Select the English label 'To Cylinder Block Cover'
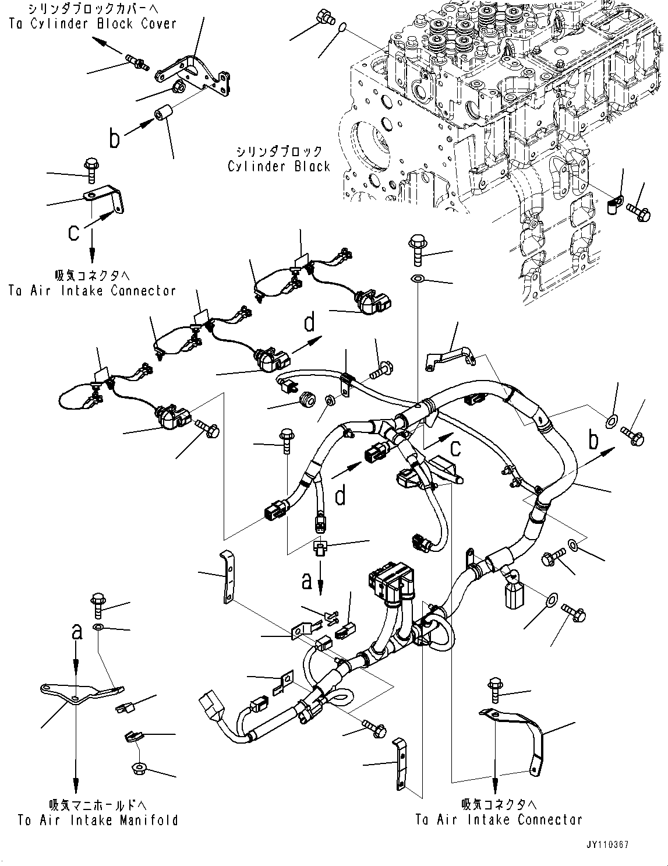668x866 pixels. click(92, 23)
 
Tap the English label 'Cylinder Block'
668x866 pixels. click(279, 166)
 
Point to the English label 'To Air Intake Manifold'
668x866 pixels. click(97, 820)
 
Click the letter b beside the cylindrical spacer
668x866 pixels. click(115, 139)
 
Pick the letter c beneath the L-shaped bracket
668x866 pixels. click(73, 232)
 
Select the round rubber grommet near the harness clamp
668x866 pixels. click(307, 400)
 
